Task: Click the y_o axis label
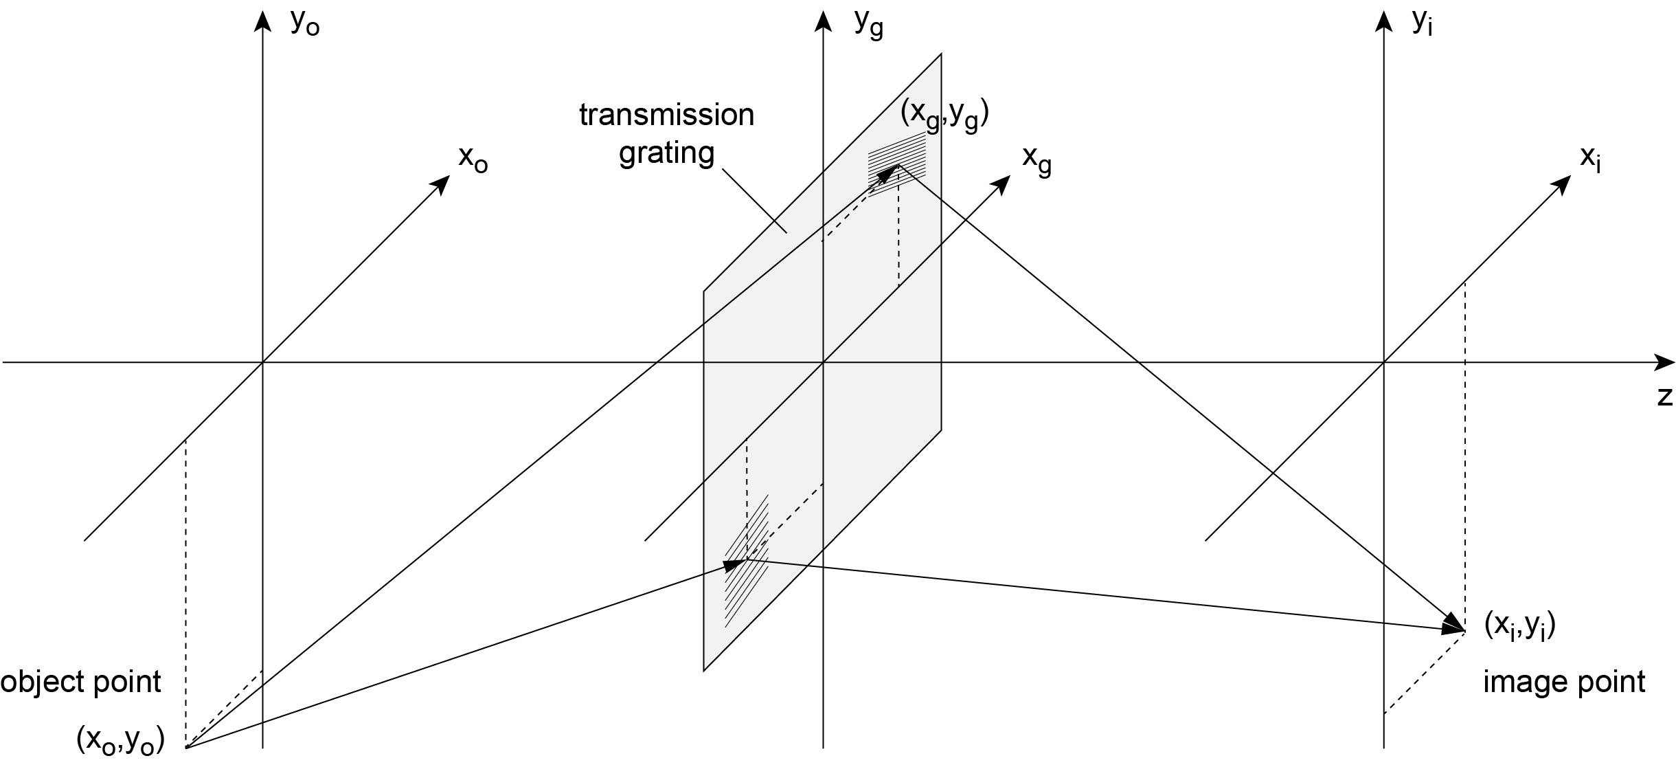click(305, 23)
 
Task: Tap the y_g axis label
click(868, 25)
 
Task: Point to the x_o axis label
click(473, 159)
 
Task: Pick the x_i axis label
click(1591, 159)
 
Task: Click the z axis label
click(1664, 397)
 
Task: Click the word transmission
click(666, 115)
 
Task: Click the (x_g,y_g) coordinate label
click(944, 115)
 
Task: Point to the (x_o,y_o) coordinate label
click(121, 740)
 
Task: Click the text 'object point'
click(80, 682)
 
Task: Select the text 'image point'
click(1564, 682)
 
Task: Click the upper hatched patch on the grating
click(897, 164)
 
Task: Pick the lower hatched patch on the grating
click(747, 560)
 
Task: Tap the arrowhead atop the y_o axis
click(262, 21)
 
